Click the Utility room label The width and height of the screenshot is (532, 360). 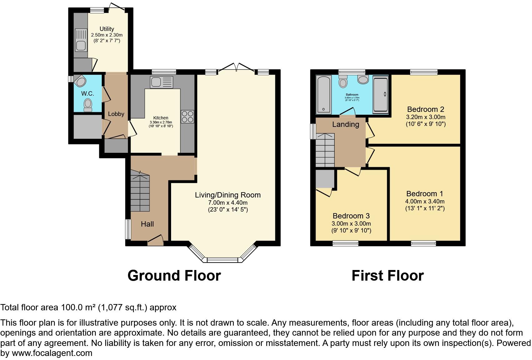click(x=107, y=29)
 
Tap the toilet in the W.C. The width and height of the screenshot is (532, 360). click(x=88, y=104)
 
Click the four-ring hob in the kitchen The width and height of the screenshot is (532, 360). click(x=187, y=117)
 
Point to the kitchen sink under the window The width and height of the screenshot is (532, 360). click(x=161, y=82)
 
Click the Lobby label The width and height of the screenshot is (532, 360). click(x=116, y=114)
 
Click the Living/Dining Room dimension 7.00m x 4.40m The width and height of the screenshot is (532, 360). click(x=228, y=203)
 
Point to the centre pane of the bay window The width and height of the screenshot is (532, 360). click(x=223, y=260)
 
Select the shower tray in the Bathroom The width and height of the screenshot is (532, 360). click(x=381, y=95)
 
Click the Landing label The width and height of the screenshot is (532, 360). click(x=345, y=124)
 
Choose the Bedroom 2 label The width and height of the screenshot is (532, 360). click(x=425, y=109)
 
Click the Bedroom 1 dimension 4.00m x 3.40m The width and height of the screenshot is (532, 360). click(x=425, y=202)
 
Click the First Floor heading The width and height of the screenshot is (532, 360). click(x=387, y=276)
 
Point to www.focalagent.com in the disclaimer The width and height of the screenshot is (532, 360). click(x=52, y=353)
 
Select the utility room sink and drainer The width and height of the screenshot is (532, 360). click(x=81, y=40)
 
